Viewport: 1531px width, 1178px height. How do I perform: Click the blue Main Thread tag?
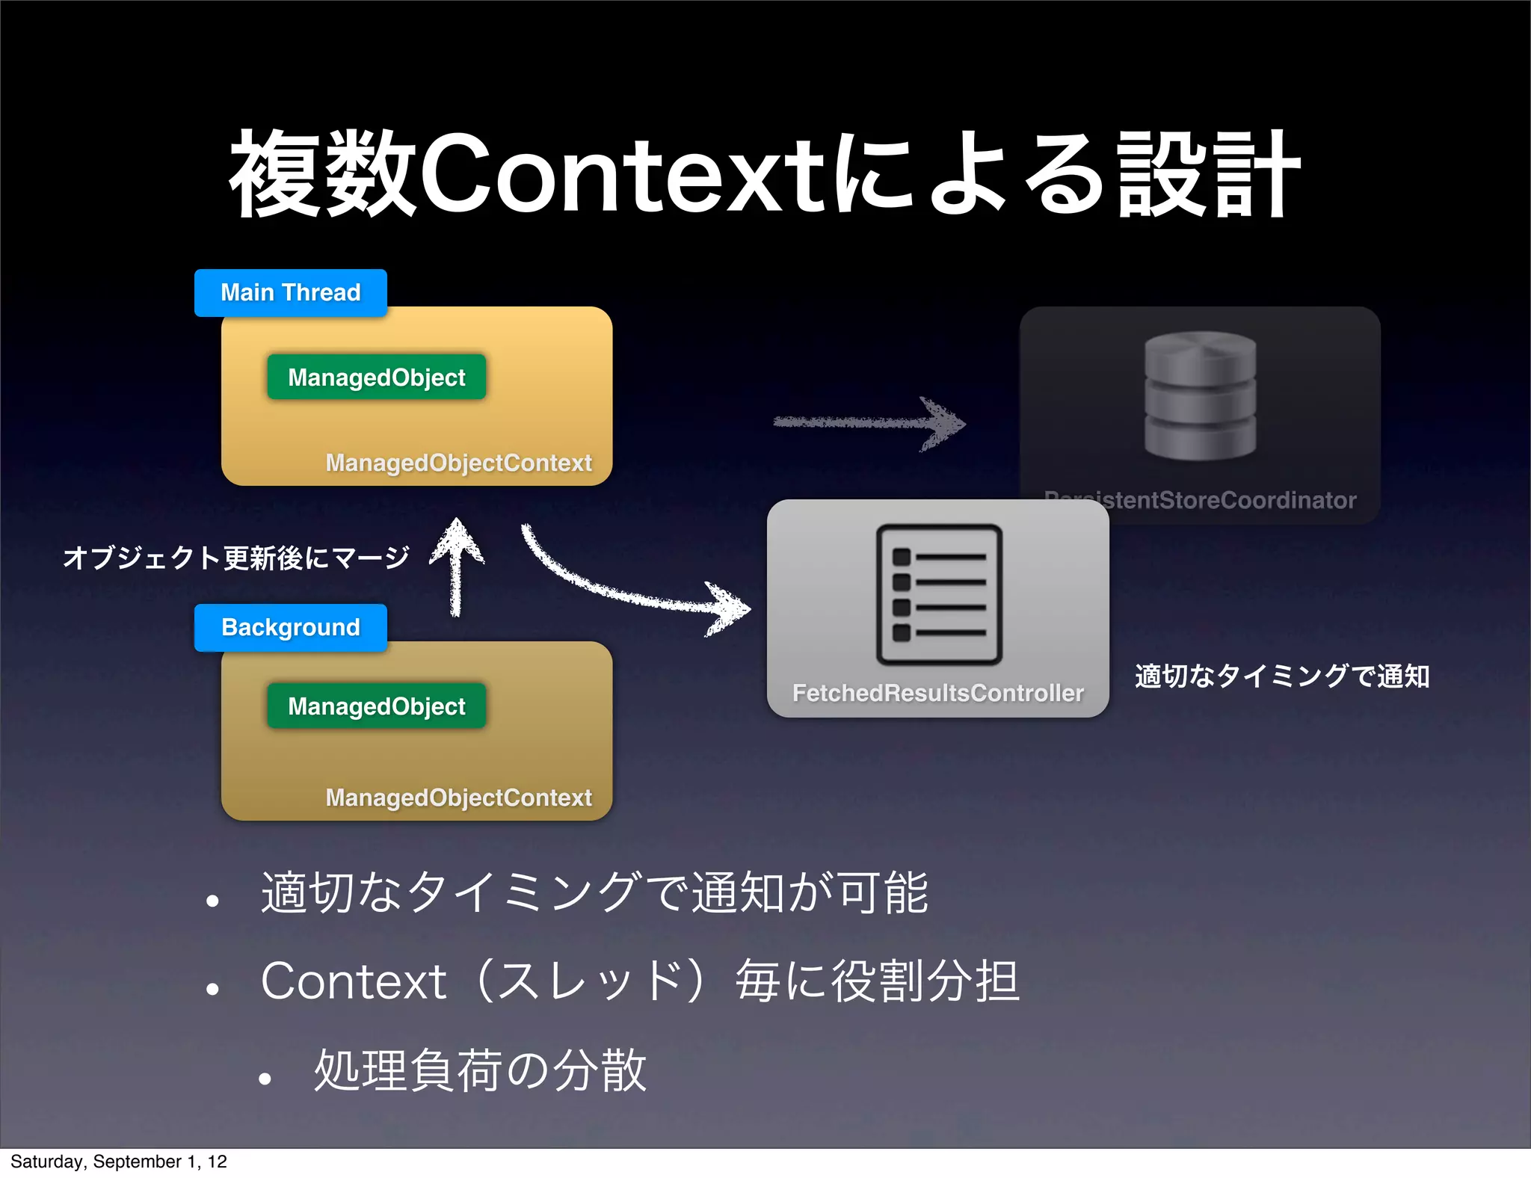[290, 292]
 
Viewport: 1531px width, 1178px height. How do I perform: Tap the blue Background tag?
[290, 627]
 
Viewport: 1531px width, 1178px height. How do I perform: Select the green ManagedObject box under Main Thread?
[376, 377]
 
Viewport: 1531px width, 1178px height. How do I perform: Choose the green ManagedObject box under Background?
[376, 706]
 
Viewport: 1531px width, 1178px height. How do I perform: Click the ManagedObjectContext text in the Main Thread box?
[458, 463]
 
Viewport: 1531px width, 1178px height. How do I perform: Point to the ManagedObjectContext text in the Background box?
[458, 798]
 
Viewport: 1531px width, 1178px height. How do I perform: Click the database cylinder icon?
[1200, 395]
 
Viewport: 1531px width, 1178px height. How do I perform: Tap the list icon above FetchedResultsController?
[939, 595]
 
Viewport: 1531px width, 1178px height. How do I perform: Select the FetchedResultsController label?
[937, 694]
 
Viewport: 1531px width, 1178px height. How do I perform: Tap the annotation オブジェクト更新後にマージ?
[236, 558]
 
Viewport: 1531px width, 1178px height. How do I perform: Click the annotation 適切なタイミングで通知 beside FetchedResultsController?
[1281, 676]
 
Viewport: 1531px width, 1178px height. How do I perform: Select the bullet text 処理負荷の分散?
[479, 1070]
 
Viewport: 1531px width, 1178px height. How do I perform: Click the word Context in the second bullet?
[354, 981]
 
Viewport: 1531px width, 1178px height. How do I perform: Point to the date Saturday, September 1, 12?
[119, 1162]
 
